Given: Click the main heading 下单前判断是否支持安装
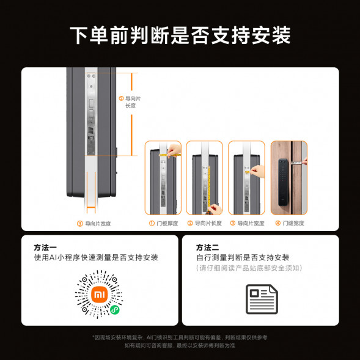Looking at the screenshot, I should tap(180, 34).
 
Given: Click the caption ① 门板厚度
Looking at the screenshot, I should tap(163, 223).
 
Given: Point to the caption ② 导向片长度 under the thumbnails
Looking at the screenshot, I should tap(205, 223).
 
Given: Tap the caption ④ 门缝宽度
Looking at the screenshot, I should tap(289, 223).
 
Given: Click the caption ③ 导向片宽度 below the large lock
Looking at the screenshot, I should tap(94, 224).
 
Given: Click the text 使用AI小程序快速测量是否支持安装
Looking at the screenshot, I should tap(96, 257).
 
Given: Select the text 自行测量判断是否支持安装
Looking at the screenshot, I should tap(243, 257).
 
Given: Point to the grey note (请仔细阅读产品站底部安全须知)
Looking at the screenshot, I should tap(249, 268).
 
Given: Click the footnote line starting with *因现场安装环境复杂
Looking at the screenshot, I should tap(180, 337).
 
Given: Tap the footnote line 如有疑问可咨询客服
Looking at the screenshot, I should tap(180, 345).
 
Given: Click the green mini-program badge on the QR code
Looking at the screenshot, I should tap(114, 311).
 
